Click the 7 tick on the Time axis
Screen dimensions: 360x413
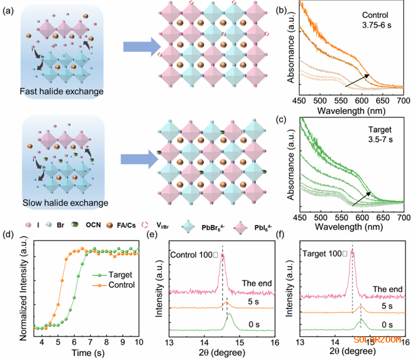[x=96, y=343]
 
